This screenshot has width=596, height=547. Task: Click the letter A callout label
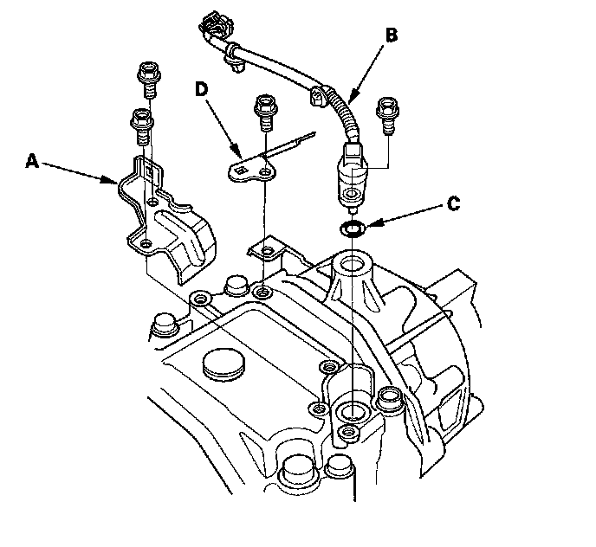coord(33,161)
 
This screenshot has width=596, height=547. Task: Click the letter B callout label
coord(392,35)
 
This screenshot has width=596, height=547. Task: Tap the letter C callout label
coord(453,204)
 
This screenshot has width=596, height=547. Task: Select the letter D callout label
coord(202,90)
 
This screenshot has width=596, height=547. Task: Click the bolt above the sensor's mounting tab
coord(387,114)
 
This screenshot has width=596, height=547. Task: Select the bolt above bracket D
coord(265,112)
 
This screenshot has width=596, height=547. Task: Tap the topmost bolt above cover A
coord(148,80)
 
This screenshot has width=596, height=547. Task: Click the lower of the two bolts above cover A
coord(142,126)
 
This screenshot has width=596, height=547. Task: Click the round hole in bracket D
coord(264,173)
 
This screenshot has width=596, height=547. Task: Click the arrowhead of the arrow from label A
coord(112,179)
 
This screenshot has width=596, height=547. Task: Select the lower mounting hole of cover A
coord(146,243)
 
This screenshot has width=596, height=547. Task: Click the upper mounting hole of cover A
coord(152,201)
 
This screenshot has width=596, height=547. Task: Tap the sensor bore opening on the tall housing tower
coord(353,262)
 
